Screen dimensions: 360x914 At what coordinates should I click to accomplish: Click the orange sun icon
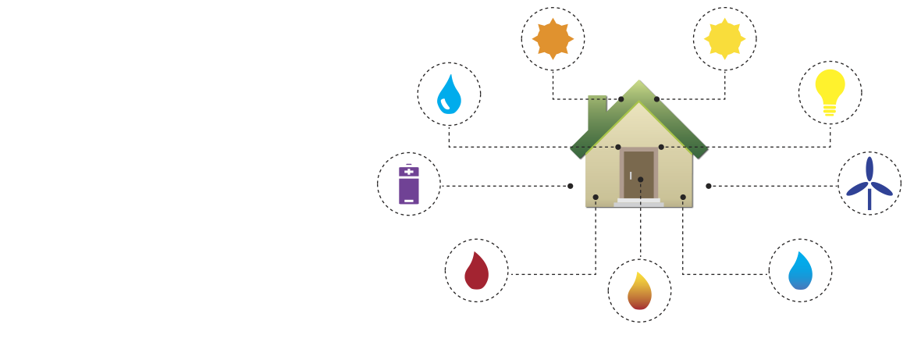[x=553, y=38]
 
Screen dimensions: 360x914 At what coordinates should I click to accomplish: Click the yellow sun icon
[x=724, y=38]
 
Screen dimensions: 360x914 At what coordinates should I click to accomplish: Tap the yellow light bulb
[x=830, y=91]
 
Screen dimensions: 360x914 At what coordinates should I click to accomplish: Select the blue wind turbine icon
[x=869, y=184]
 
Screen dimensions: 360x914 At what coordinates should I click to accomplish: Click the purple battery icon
[x=409, y=186]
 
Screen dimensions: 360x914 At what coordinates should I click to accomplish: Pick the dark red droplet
[x=476, y=271]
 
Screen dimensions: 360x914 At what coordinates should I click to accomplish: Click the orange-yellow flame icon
[x=639, y=291]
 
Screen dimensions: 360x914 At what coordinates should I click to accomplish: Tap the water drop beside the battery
[x=449, y=94]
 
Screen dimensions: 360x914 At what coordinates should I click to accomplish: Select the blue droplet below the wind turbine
[x=800, y=271]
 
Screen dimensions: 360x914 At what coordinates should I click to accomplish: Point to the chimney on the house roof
[x=596, y=110]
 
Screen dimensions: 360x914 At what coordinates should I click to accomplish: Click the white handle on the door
[x=631, y=176]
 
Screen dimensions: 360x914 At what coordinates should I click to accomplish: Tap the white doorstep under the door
[x=638, y=202]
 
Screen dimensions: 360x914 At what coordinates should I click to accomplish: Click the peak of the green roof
[x=638, y=82]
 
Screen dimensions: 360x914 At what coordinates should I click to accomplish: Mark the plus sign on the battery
[x=409, y=171]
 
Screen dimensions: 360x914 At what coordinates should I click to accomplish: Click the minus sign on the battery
[x=409, y=201]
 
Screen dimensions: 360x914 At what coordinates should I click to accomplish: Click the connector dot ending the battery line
[x=571, y=186]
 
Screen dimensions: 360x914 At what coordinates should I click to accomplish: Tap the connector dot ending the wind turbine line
[x=709, y=186]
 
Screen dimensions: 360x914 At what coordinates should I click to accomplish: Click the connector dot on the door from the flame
[x=640, y=180]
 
